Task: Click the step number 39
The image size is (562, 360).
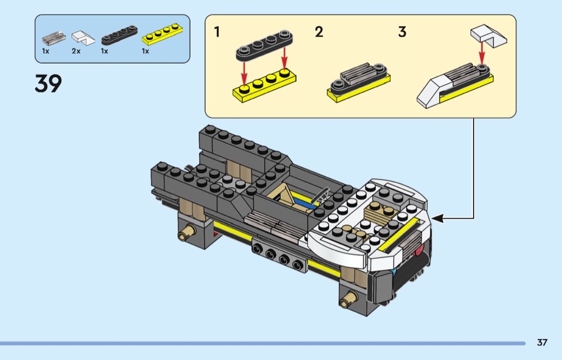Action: pos(48,83)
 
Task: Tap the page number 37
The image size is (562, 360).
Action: pos(542,342)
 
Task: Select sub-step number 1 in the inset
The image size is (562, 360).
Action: pos(217,32)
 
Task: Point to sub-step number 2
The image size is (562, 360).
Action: pos(319,32)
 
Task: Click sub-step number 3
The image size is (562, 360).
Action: pos(402,32)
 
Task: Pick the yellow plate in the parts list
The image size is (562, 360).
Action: pos(162,34)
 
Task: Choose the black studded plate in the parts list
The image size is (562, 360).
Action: pos(119,35)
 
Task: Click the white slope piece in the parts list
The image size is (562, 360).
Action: pos(83,37)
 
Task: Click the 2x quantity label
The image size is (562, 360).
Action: pos(76,51)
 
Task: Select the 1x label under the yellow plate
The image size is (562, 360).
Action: pos(145,51)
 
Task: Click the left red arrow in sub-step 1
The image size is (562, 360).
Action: pos(244,73)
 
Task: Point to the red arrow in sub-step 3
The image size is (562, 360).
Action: pos(482,52)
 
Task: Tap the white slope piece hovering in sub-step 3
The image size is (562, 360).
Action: pos(489,36)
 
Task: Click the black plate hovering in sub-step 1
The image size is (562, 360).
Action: pos(264,45)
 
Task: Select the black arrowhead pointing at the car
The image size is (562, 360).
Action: pos(438,218)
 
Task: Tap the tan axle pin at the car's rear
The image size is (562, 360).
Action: pos(186,232)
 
